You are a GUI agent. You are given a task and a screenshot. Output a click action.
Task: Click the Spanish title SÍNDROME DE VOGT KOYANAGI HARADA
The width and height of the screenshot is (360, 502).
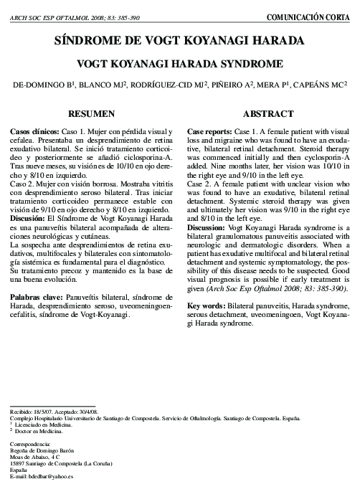point(179,41)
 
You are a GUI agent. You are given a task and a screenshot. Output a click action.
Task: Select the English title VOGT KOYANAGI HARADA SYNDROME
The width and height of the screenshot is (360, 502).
point(179,62)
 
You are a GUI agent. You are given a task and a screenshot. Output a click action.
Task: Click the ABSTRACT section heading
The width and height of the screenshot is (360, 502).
point(268,114)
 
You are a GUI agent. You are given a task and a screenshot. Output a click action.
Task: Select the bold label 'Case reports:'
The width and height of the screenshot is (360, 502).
point(209,133)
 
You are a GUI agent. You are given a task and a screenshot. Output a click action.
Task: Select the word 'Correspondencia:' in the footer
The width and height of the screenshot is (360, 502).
point(33,445)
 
